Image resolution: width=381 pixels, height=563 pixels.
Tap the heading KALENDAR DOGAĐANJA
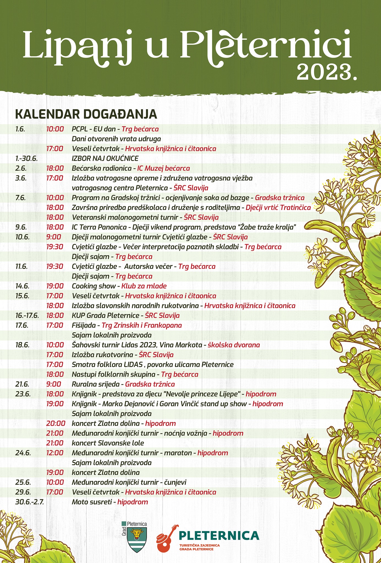(x=86, y=114)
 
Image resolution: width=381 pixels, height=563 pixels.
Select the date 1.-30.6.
(x=27, y=158)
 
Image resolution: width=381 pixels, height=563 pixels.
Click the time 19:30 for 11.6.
(x=55, y=266)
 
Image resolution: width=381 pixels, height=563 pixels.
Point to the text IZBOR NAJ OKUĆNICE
(x=105, y=158)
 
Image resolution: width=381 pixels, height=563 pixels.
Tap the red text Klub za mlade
(x=144, y=286)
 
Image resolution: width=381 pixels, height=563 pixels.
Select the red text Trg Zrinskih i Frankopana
(x=142, y=325)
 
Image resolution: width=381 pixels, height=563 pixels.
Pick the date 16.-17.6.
(x=27, y=315)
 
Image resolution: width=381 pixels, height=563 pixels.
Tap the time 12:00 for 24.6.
(x=55, y=453)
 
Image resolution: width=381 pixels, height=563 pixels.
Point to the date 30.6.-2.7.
(x=30, y=502)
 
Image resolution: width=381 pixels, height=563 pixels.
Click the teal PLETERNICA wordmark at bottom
(x=219, y=536)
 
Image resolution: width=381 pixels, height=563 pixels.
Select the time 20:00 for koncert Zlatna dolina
(x=56, y=423)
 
